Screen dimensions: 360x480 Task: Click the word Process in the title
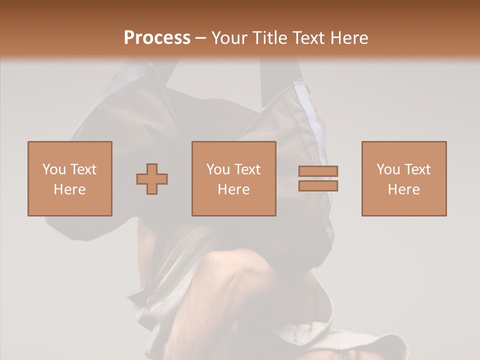[x=157, y=38]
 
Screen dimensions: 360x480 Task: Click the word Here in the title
[x=348, y=38]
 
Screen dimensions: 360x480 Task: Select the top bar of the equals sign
[x=318, y=171]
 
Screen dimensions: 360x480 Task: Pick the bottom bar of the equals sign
[x=318, y=186]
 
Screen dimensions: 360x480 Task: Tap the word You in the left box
[x=53, y=169]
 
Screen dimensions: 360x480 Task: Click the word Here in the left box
[x=69, y=189]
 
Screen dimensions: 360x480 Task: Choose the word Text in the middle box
[x=247, y=169]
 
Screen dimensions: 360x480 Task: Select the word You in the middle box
[x=218, y=169]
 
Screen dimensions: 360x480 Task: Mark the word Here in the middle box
[x=233, y=189]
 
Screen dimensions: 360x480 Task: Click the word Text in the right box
[x=417, y=169]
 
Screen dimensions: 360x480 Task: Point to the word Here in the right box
[x=403, y=189]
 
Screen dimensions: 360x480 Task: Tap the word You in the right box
[x=388, y=169]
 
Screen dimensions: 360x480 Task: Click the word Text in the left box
[x=83, y=169]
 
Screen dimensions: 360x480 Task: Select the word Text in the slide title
[x=305, y=38]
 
